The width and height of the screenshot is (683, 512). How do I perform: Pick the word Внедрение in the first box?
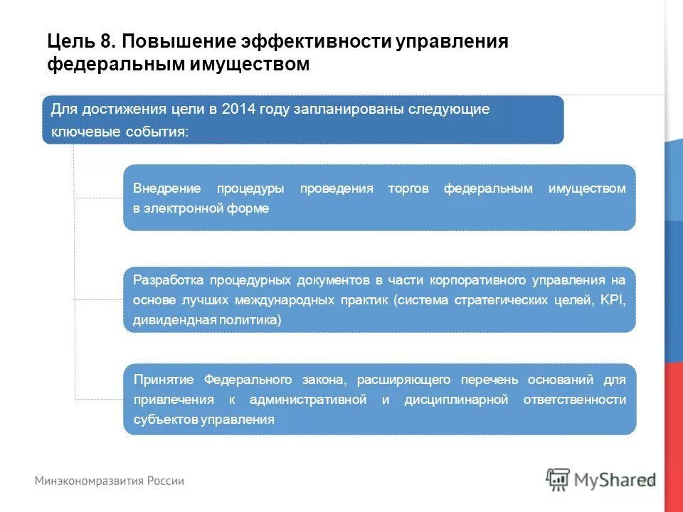point(167,188)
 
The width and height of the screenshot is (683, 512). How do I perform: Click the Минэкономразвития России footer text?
point(110,481)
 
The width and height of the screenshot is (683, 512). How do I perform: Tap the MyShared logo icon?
point(558,480)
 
